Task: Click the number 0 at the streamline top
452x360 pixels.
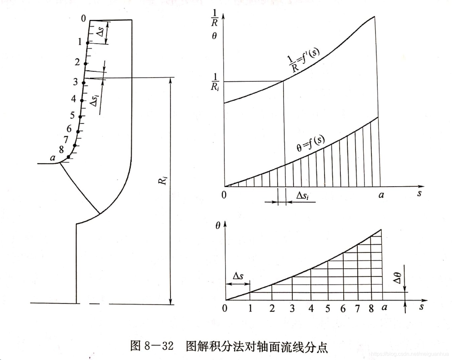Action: pyautogui.click(x=83, y=19)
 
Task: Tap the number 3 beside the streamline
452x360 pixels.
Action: pyautogui.click(x=76, y=82)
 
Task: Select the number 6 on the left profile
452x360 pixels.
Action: pyautogui.click(x=69, y=129)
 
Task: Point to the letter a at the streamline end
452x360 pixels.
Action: pyautogui.click(x=53, y=158)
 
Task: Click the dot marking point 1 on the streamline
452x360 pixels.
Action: pyautogui.click(x=88, y=43)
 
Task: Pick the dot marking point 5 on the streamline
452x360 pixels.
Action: pyautogui.click(x=80, y=117)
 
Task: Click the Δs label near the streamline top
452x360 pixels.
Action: pyautogui.click(x=100, y=32)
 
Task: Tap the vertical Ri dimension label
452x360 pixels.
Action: pyautogui.click(x=163, y=180)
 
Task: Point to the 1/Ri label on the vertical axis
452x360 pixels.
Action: pyautogui.click(x=215, y=82)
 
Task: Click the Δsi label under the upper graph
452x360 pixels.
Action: pyautogui.click(x=302, y=196)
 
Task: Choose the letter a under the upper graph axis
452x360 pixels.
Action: pyautogui.click(x=381, y=195)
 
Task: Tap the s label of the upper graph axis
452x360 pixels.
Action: pyautogui.click(x=419, y=193)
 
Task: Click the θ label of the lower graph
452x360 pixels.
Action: pyautogui.click(x=218, y=226)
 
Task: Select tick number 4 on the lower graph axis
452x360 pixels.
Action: pyautogui.click(x=311, y=308)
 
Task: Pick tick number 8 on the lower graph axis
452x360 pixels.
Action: pyautogui.click(x=371, y=309)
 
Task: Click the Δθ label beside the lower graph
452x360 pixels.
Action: pyautogui.click(x=397, y=278)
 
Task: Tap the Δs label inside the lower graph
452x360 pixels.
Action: pyautogui.click(x=238, y=276)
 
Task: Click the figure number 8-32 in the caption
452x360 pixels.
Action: pyautogui.click(x=159, y=346)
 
